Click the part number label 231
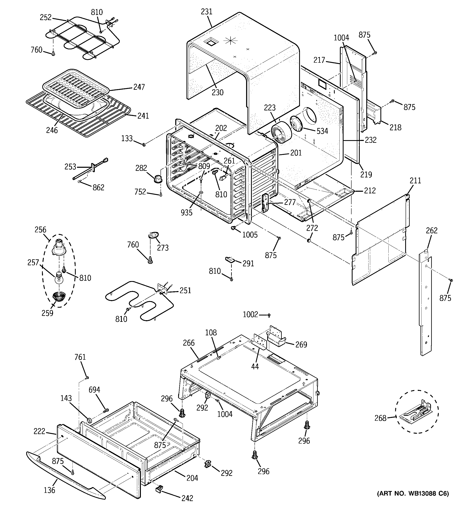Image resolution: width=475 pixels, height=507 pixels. (x=207, y=12)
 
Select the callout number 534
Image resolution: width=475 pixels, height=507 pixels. (x=322, y=131)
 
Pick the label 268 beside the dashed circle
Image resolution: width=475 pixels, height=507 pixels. (x=380, y=418)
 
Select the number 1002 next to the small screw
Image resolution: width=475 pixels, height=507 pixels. (x=250, y=314)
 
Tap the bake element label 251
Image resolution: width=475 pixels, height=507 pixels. (x=185, y=290)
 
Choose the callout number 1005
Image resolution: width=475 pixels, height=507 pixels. (x=250, y=235)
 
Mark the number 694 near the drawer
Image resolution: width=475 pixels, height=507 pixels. (x=94, y=390)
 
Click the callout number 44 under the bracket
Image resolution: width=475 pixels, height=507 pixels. (x=255, y=366)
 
